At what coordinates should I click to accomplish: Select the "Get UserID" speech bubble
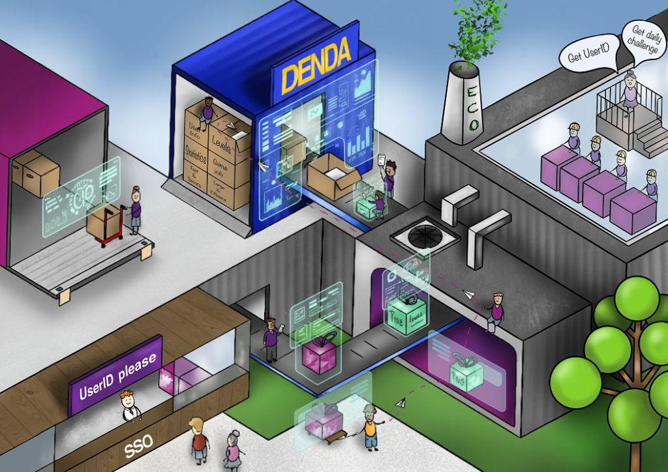coord(584,56)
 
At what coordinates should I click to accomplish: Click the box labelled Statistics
coord(195,156)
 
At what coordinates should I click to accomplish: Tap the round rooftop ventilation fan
coord(415,232)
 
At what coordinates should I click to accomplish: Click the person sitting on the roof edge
coord(496,311)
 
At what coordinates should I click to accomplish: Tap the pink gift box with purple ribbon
coord(320,352)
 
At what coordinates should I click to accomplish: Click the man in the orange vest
coord(371,427)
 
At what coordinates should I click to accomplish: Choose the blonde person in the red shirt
coord(199,441)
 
